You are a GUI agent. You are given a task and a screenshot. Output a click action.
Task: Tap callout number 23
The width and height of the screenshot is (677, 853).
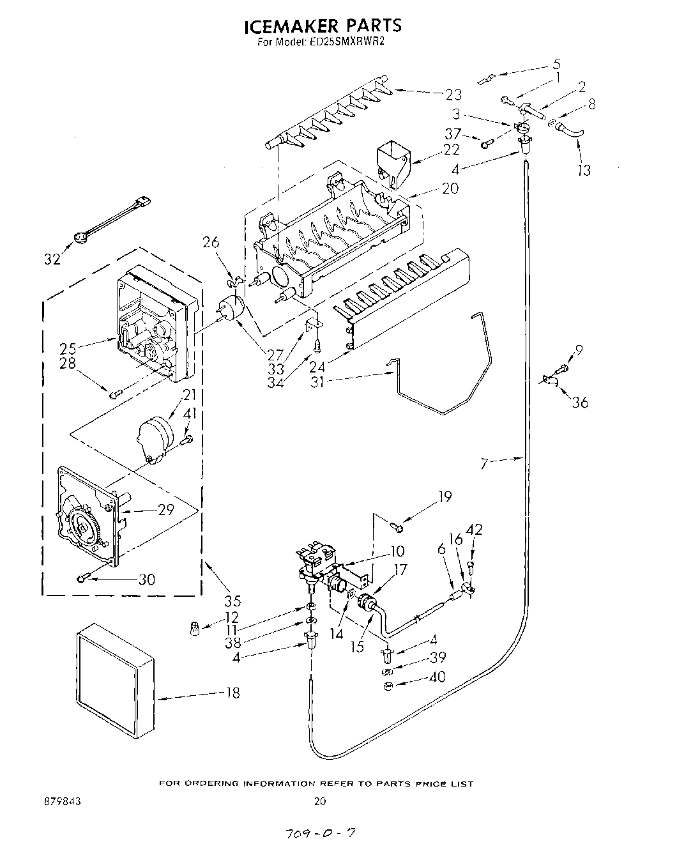point(453,95)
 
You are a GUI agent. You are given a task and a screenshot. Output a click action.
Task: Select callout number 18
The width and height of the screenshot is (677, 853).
point(233,693)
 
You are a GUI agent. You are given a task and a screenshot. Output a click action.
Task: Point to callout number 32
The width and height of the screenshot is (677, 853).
point(52,259)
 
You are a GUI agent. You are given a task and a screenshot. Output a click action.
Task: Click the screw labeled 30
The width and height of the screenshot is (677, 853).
point(80,579)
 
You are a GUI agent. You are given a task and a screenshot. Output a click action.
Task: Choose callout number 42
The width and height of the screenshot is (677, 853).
point(474,530)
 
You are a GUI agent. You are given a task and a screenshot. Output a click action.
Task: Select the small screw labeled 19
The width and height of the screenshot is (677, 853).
point(396,526)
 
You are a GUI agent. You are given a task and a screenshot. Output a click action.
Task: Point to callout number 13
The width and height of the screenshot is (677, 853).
point(584,170)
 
